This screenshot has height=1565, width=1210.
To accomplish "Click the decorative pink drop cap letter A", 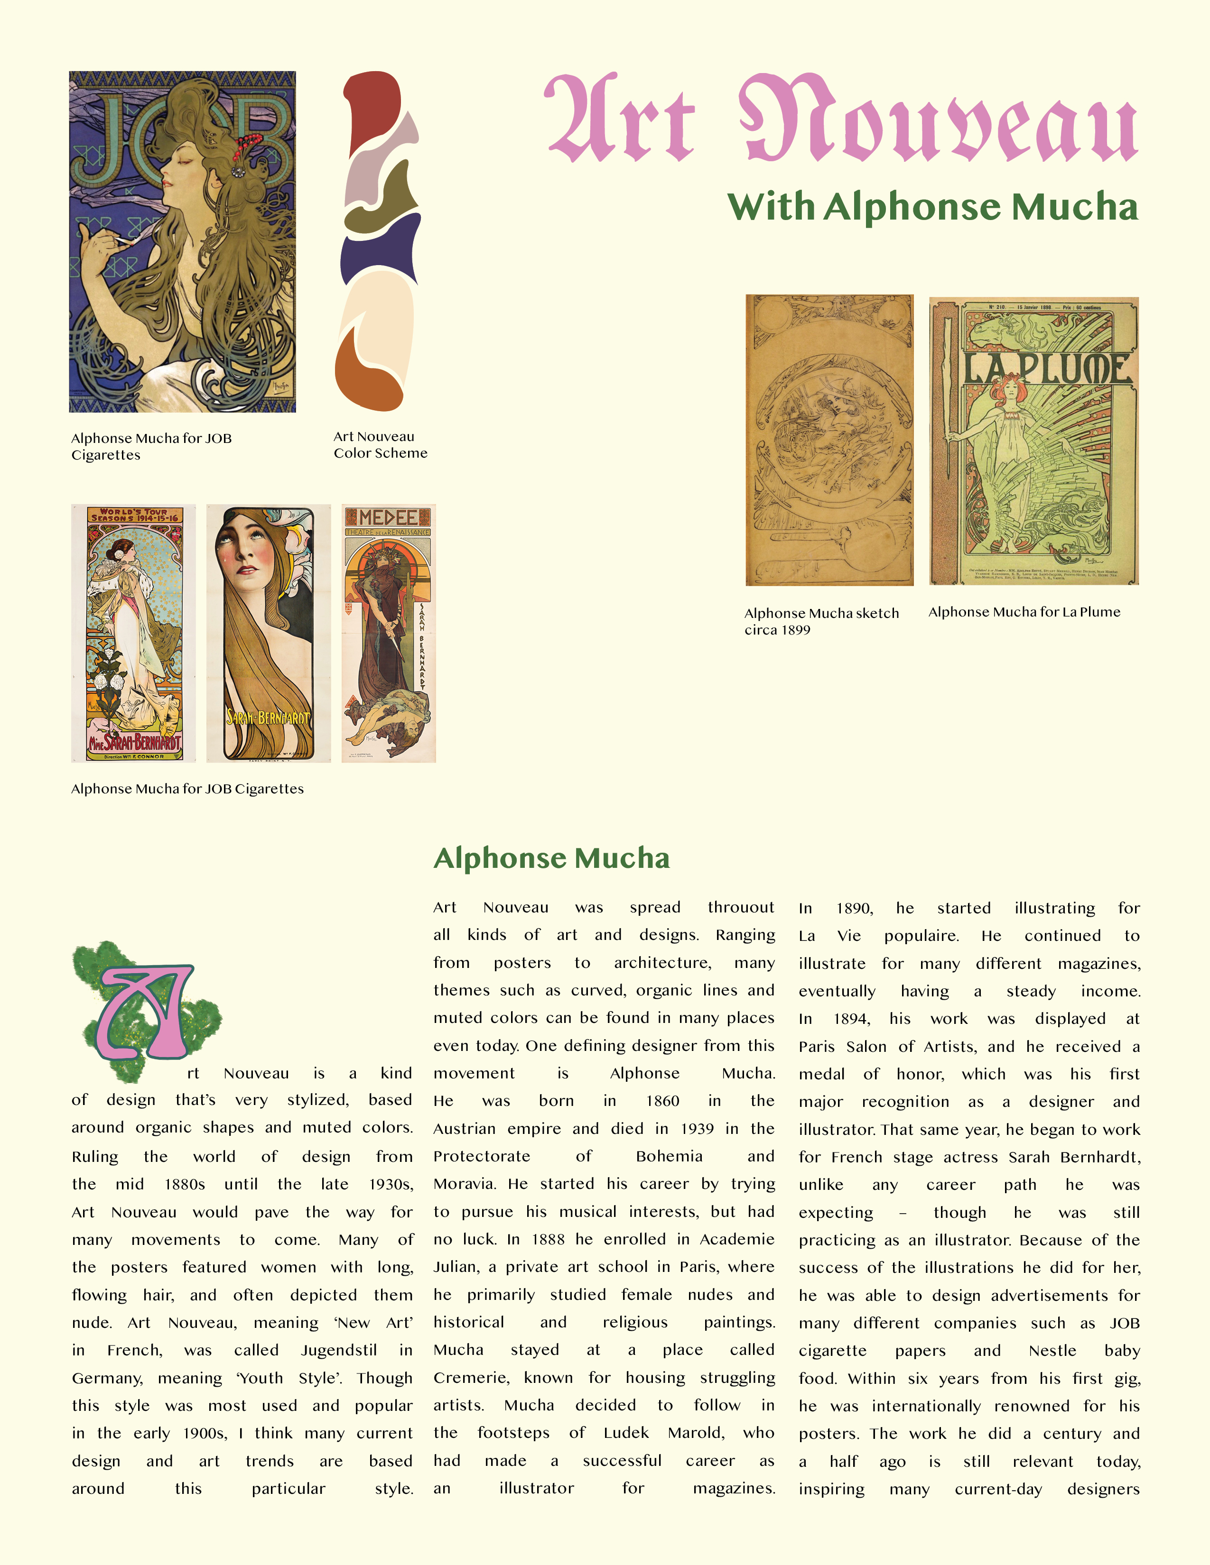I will [147, 1010].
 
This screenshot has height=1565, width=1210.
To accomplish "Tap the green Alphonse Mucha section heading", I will [551, 858].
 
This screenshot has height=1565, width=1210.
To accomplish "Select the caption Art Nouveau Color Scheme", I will [380, 444].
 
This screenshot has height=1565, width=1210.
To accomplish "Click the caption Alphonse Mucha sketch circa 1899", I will [821, 621].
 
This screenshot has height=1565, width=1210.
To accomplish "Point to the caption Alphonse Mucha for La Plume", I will [1024, 612].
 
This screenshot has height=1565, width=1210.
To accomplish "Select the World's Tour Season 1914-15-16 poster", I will [133, 633].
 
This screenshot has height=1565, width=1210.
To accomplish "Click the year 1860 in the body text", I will [662, 1101].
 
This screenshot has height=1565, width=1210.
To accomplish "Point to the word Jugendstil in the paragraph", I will [338, 1350].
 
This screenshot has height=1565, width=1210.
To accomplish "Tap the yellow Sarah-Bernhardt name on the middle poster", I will [268, 717].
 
